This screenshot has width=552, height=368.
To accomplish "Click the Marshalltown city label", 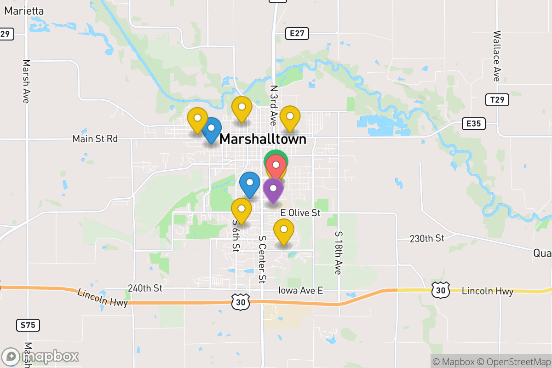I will [x=263, y=139].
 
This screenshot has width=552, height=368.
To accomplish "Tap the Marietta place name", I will [x=24, y=11].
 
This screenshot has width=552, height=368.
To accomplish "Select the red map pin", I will [x=276, y=167].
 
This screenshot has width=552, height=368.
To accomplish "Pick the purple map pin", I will [x=273, y=190].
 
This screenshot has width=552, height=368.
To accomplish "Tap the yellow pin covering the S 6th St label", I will [x=241, y=211].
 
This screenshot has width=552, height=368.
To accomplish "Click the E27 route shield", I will [x=297, y=33].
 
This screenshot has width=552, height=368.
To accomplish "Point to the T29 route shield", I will [x=497, y=99].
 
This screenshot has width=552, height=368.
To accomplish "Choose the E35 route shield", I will [x=473, y=123].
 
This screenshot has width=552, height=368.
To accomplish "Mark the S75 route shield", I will [x=28, y=325].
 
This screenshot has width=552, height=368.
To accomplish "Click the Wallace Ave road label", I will [x=496, y=56].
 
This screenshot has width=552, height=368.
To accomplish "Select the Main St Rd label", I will [x=95, y=138].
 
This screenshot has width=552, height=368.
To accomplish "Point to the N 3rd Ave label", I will [x=274, y=105].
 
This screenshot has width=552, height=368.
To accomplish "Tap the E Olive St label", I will [x=300, y=213].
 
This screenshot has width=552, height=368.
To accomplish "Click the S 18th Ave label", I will [x=338, y=253].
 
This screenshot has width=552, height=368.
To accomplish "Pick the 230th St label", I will [x=427, y=238].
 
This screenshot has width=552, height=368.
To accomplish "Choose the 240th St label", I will [x=145, y=288].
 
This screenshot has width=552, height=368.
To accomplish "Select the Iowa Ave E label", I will [x=301, y=290].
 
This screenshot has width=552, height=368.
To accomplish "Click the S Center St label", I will [x=262, y=259].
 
